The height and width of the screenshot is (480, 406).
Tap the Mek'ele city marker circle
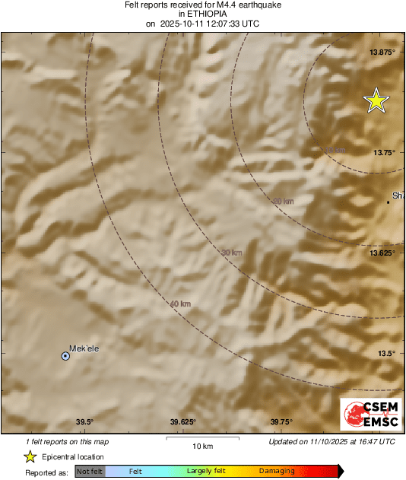click(x=65, y=356)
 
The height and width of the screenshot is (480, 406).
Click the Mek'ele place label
click(x=84, y=348)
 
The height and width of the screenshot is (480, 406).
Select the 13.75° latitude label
click(x=382, y=152)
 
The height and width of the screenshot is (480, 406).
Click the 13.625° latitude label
click(x=381, y=253)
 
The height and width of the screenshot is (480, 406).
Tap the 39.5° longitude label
click(x=84, y=422)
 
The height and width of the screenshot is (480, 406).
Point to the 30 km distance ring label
click(x=231, y=252)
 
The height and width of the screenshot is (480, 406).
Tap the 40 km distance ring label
click(x=180, y=304)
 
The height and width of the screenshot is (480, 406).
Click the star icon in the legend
click(x=30, y=456)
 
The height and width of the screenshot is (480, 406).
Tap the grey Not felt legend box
click(x=90, y=472)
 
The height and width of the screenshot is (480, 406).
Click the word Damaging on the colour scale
click(x=277, y=472)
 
